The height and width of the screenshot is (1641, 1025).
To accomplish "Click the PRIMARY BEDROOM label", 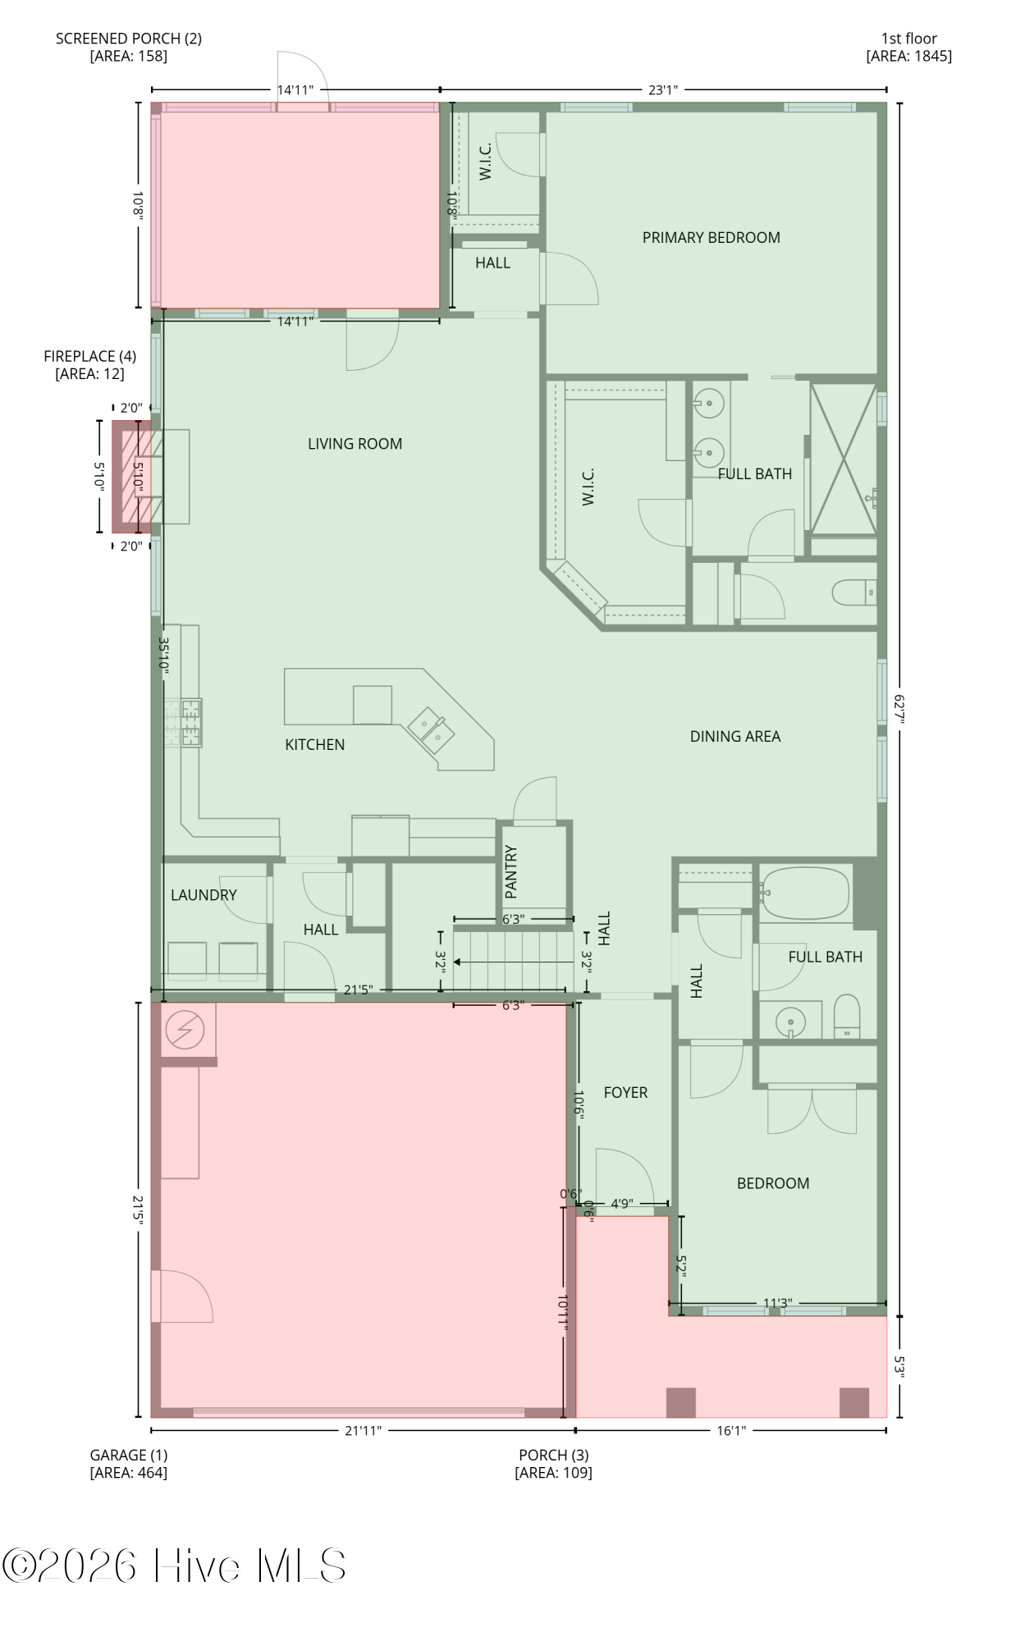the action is click(711, 238).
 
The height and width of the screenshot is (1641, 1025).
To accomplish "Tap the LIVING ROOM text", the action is click(355, 444).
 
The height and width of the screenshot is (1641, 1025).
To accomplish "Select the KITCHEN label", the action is click(314, 745).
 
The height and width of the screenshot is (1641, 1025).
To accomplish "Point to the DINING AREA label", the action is click(734, 737).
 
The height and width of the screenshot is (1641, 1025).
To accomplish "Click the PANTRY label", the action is click(511, 871).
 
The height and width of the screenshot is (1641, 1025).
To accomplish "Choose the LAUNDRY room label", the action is click(204, 895).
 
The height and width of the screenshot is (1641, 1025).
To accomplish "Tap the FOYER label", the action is click(625, 1093).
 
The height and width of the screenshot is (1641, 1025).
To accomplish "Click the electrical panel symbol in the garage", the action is click(185, 1029).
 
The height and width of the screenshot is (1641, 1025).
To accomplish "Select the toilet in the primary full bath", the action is click(854, 592).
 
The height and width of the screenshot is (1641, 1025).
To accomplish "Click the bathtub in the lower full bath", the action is click(805, 894).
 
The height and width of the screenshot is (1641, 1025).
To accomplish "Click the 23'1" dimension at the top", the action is click(663, 89).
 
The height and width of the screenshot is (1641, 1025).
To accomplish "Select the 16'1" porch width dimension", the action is click(731, 1431).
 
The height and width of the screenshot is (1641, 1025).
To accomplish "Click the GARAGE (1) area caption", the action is click(129, 1464).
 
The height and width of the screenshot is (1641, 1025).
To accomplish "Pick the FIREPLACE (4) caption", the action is click(90, 365).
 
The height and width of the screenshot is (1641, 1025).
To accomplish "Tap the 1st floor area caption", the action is click(908, 48).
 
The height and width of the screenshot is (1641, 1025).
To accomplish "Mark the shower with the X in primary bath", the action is click(843, 459).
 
